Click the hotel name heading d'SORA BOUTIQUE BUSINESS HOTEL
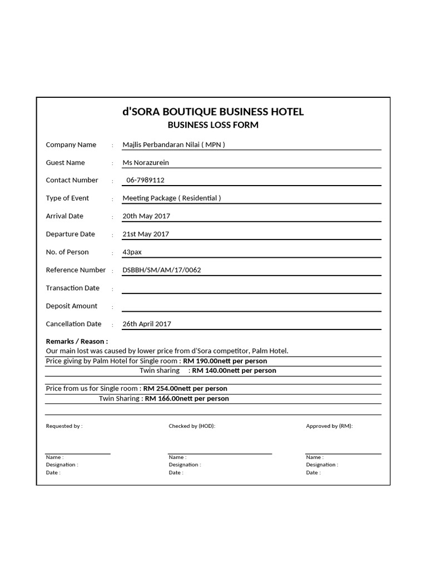pos(213,112)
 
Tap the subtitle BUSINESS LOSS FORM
pos(213,125)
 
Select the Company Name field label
pos(71,145)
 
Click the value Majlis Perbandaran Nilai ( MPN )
pos(173,145)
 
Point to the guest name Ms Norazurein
pos(146,163)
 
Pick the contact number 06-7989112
pos(146,180)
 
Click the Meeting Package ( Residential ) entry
pos(171,198)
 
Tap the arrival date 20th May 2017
pos(146,216)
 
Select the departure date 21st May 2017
pos(146,234)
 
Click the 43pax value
pos(132,252)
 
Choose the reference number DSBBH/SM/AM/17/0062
pos(162,270)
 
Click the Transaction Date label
pos(73,288)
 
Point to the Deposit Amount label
pos(72,306)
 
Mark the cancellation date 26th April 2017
pos(147,324)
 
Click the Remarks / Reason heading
pos(77,342)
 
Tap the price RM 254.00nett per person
pos(185,389)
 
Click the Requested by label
pos(64,426)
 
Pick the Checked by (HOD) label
pos(192,426)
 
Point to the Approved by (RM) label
pos(329,426)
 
